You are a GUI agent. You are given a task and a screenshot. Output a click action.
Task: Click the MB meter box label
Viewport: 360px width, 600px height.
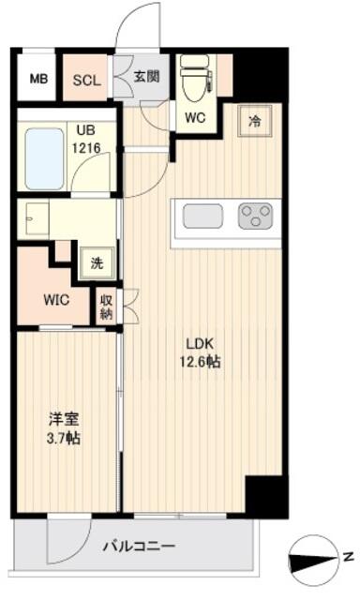pos(39,79)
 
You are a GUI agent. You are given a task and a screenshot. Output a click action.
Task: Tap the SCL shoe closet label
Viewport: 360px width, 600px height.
pos(87,81)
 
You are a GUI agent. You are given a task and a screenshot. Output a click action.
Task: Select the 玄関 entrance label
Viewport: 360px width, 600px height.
pos(146,77)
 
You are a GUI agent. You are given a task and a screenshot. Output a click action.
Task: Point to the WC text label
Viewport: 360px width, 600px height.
pos(195,117)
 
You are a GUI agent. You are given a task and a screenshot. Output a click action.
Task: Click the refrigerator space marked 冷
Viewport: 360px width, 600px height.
pos(254,121)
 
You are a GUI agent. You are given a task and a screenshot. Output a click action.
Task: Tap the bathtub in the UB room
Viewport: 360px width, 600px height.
pos(44,158)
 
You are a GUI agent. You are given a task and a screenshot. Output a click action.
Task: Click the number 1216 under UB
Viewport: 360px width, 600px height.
pos(87,147)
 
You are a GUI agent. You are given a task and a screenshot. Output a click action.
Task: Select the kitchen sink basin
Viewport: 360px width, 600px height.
pos(202,216)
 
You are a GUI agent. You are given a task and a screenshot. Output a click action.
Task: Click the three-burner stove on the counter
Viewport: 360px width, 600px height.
pos(255,216)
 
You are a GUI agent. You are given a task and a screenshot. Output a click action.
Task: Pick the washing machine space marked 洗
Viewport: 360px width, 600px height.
pos(97,263)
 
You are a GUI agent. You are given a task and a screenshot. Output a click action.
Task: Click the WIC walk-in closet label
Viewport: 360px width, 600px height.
pos(56,300)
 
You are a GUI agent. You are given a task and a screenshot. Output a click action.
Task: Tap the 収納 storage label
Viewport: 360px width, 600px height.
pos(106,307)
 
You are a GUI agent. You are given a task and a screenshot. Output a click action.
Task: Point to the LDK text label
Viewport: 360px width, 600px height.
pos(200,344)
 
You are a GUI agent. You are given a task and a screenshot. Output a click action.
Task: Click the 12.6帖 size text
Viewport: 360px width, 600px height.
pos(200,361)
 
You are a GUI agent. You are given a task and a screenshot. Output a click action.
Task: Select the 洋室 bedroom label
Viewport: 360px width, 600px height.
pos(64,419)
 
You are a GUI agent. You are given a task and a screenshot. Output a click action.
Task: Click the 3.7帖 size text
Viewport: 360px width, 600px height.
pos(64,438)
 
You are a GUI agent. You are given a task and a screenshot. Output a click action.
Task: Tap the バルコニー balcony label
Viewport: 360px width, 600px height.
pos(139,546)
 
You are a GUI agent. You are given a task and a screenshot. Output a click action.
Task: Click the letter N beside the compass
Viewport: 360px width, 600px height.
pos(348,557)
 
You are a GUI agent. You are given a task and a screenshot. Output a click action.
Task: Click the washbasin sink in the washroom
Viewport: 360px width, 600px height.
pos(37,218)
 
